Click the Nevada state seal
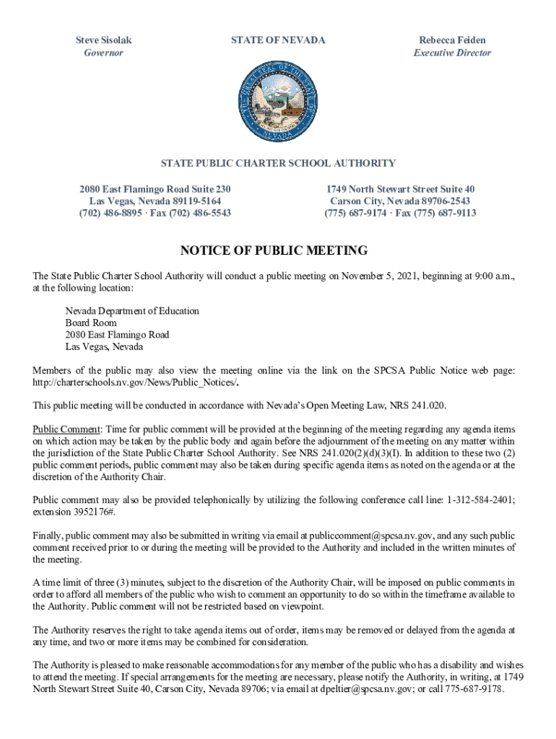(x=278, y=101)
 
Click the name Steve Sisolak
(x=104, y=40)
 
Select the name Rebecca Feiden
(x=452, y=40)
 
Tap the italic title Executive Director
(x=452, y=53)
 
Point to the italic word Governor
(x=104, y=53)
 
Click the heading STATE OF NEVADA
(x=278, y=40)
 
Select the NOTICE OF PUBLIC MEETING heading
(x=274, y=251)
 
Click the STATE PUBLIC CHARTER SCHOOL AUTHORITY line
(x=278, y=163)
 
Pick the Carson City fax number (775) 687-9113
(x=446, y=213)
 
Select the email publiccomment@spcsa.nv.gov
(x=371, y=535)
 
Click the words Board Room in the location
(x=91, y=323)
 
